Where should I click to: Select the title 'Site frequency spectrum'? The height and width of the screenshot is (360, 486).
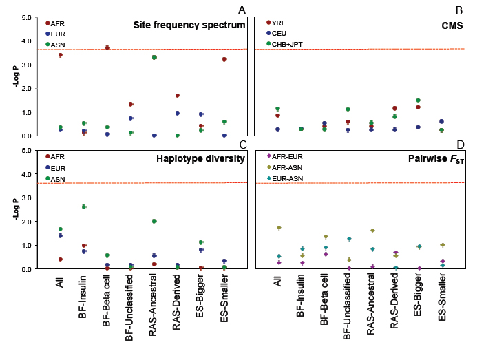189,25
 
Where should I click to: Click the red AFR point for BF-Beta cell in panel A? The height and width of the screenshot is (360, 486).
107,47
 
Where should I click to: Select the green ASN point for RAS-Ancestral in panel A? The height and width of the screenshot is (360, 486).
154,57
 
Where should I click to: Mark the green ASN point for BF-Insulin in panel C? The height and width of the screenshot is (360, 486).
84,207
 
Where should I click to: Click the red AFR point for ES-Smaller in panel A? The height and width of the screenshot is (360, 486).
224,59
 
